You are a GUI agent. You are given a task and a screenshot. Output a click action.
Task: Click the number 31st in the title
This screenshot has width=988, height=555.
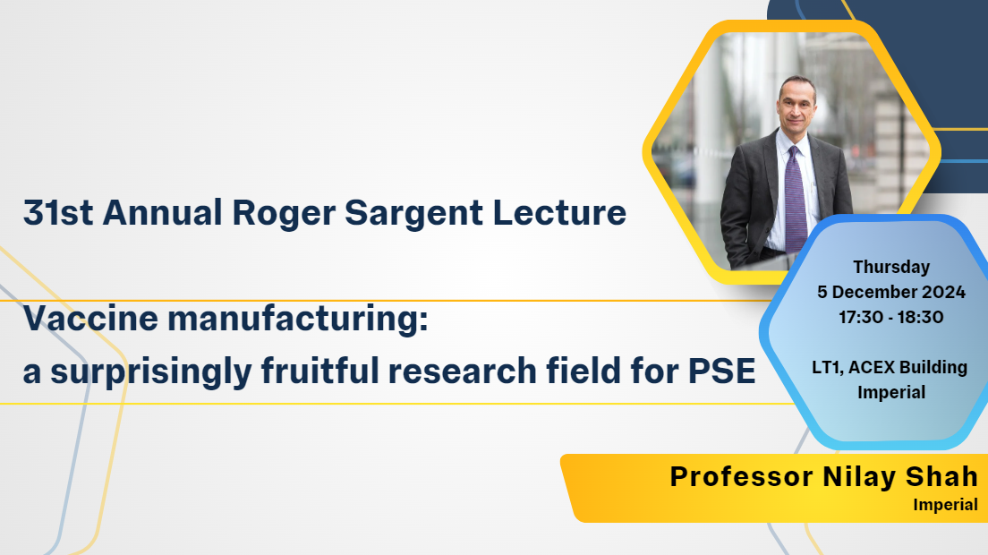pos(58,212)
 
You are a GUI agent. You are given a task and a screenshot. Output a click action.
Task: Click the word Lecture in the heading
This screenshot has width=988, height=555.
pos(559,212)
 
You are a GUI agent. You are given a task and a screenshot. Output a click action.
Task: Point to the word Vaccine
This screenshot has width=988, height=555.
pos(90,318)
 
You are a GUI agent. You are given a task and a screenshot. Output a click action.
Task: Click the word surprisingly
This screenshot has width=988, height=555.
pos(151,371)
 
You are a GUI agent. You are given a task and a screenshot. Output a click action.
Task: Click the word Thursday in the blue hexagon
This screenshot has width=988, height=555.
pos(891,267)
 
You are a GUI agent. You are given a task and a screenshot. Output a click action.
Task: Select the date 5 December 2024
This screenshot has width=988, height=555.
pos(891,293)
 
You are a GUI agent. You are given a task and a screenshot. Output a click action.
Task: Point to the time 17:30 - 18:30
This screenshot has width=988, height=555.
pos(891,317)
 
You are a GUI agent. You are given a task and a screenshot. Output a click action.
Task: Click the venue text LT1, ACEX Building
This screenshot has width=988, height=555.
pos(889,367)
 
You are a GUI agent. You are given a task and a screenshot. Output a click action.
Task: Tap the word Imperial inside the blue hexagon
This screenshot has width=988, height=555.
pos(891,392)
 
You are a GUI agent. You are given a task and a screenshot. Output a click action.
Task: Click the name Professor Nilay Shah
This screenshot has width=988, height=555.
pos(823,477)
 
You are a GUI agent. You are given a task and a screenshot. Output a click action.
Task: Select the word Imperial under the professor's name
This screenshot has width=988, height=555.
pos(945,505)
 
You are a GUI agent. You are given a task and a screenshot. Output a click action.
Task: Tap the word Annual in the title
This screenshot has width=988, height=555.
pos(163,212)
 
